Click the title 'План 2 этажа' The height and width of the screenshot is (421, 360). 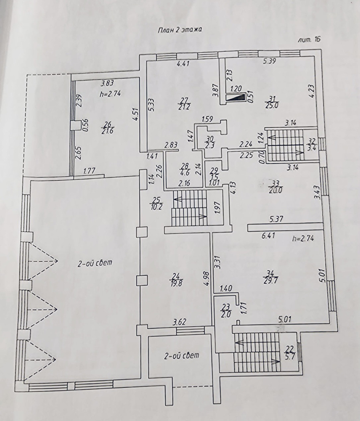[180, 29]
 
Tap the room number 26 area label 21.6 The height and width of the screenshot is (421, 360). [108, 128]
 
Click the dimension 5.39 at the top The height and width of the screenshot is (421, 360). [270, 61]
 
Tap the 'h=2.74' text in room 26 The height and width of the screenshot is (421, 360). [110, 94]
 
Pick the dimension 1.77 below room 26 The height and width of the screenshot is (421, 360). [90, 172]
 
